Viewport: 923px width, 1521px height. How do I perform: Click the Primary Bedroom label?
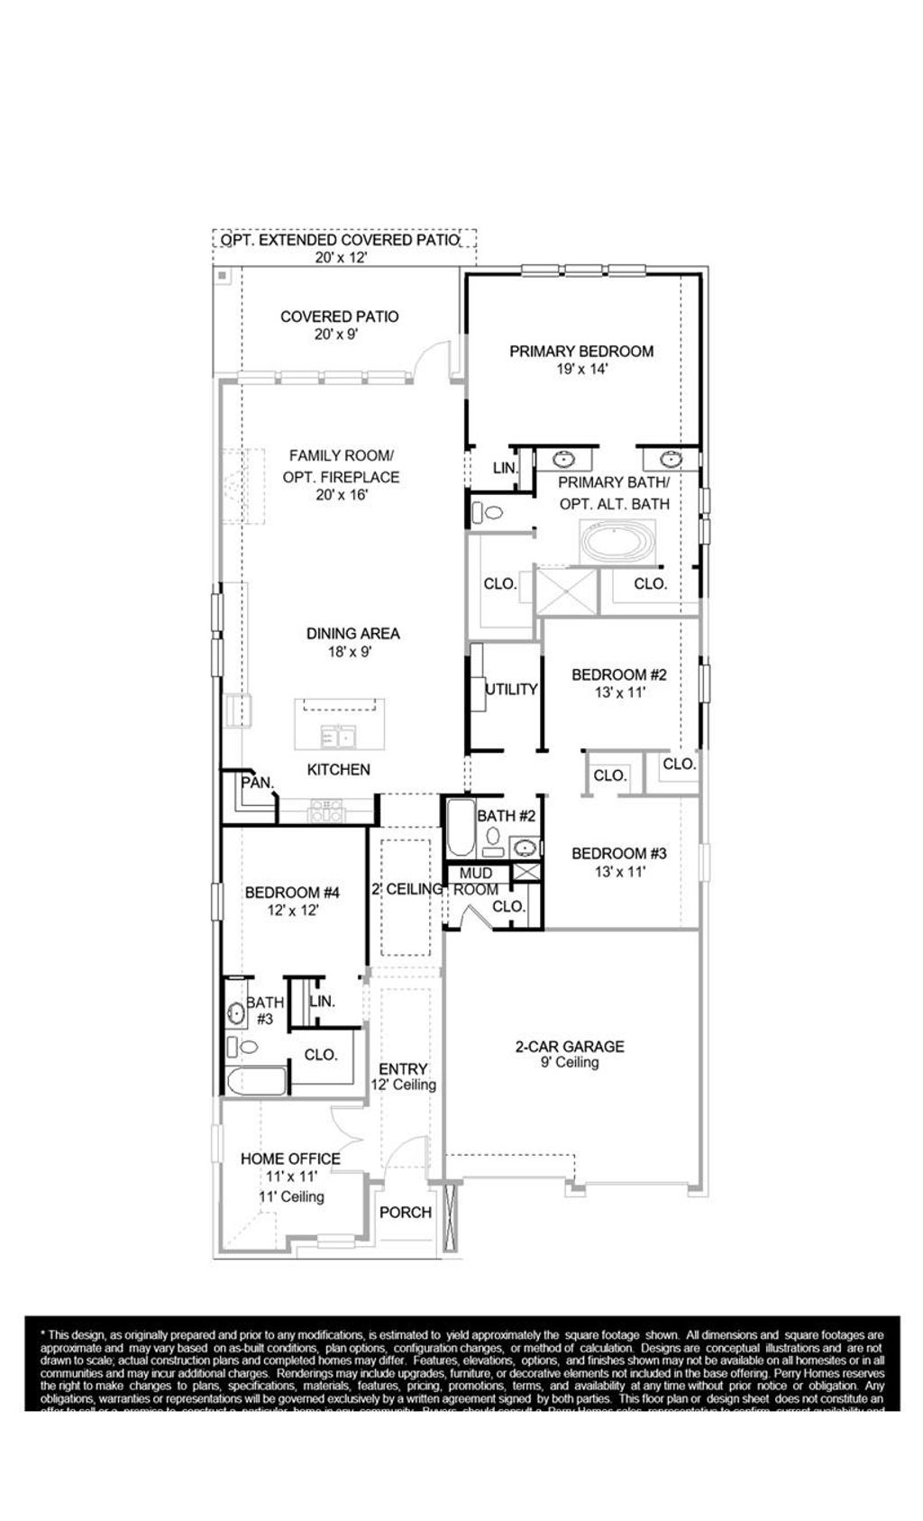point(581,352)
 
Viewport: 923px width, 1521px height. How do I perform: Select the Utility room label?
point(511,689)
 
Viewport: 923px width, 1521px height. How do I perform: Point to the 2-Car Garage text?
point(570,1047)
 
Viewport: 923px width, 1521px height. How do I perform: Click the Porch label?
point(405,1213)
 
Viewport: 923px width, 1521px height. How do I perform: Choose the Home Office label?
point(290,1159)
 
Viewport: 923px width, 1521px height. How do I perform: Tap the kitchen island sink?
point(338,738)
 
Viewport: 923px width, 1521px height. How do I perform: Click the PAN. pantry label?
point(257,783)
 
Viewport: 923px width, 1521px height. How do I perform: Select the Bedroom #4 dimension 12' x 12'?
point(292,911)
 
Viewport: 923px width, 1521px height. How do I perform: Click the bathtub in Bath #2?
point(460,828)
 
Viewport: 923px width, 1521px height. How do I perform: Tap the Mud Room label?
point(476,881)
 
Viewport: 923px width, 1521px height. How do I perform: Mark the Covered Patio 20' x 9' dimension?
point(339,334)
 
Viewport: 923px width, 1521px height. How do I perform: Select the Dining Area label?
point(352,634)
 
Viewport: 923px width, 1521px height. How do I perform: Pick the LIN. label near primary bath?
point(505,468)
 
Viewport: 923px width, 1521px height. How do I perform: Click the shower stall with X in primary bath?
point(567,591)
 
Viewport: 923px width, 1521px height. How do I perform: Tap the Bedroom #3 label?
point(619,853)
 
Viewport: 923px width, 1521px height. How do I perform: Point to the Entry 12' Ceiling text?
point(403,1077)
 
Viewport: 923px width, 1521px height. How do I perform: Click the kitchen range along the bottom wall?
point(325,811)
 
